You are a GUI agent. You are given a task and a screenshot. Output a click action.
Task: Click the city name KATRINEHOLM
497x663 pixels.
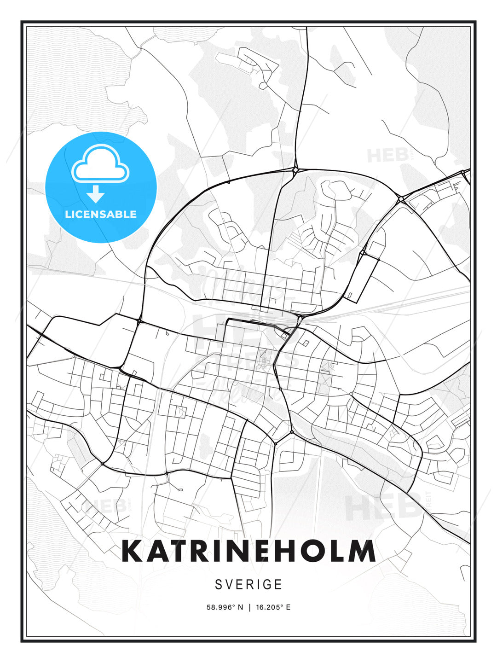point(248,551)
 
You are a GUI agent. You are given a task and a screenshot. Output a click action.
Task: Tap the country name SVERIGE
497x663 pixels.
point(248,584)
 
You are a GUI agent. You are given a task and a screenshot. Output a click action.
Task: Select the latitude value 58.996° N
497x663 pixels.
point(225,607)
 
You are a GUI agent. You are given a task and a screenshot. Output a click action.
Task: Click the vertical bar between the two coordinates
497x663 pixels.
point(249,607)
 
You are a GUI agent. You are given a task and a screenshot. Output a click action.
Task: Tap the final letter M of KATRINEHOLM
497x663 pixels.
point(364,551)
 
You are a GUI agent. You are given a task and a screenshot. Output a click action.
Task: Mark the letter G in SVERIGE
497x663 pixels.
point(267,584)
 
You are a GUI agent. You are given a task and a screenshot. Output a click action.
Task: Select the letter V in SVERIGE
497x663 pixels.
point(230,584)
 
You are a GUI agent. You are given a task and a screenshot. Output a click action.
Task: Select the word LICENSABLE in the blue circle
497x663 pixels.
point(101,214)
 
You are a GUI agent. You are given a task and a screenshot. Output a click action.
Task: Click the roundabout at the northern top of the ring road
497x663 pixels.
point(295,170)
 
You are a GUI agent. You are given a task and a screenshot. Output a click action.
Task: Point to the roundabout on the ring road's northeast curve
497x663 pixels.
point(401,199)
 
